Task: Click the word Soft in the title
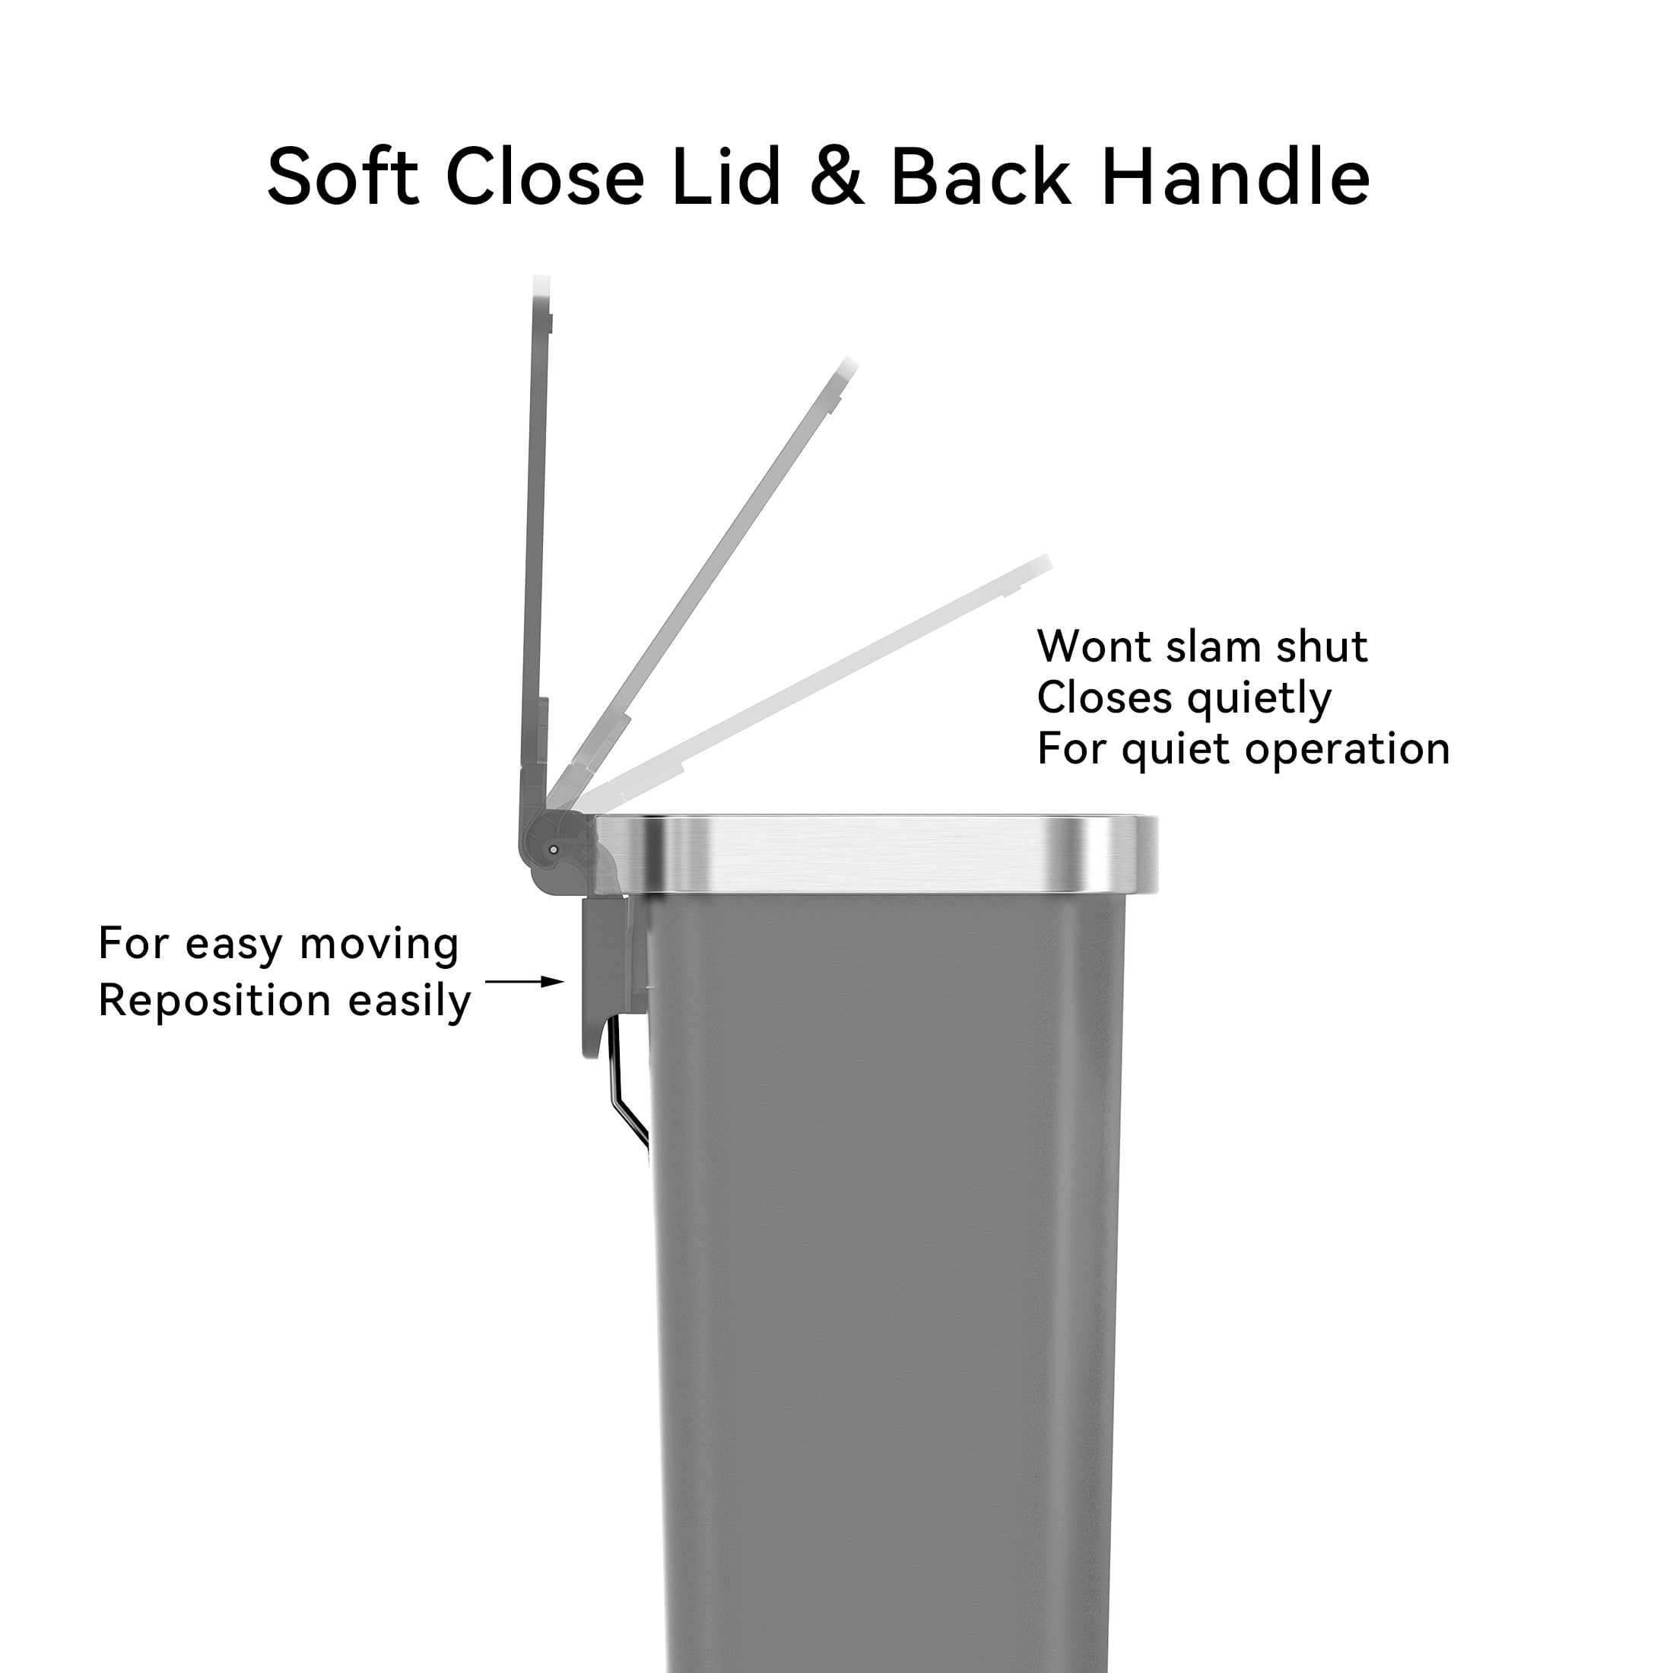click(343, 176)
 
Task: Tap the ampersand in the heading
click(837, 176)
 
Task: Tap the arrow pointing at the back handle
click(525, 982)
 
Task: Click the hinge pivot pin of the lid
click(554, 850)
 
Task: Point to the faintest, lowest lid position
click(814, 684)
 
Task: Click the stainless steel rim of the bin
click(875, 854)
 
